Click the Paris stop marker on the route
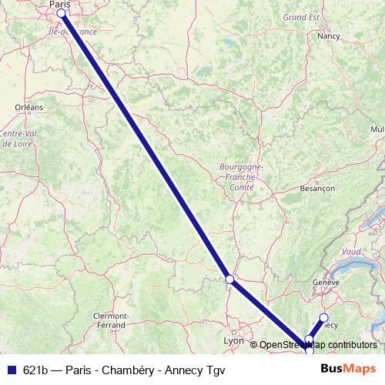click(x=61, y=13)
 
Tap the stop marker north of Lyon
click(x=229, y=280)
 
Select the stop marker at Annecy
click(x=323, y=317)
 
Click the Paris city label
click(x=59, y=5)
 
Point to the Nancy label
click(x=329, y=35)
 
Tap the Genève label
click(x=326, y=282)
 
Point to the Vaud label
click(x=350, y=251)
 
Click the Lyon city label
click(x=233, y=340)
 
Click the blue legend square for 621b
click(x=9, y=368)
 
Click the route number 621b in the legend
click(x=37, y=368)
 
